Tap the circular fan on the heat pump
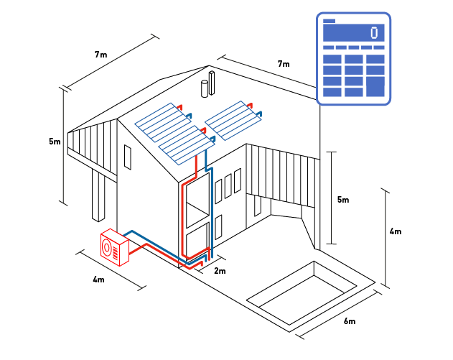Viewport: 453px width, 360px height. pos(108,246)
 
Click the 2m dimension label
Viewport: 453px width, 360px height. pos(220,271)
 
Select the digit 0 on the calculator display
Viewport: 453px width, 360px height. pos(374,33)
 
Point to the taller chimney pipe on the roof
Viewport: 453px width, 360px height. pos(213,83)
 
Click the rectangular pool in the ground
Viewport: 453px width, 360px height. pos(302,292)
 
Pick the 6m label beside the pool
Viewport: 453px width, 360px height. pos(350,320)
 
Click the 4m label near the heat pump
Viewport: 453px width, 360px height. pos(99,279)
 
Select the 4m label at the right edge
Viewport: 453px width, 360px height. pos(395,231)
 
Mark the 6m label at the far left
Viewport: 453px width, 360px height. pos(55,142)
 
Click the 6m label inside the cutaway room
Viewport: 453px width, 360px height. pos(342,199)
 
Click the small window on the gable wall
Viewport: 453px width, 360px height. pos(128,157)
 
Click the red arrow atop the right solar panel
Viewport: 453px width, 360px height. pos(255,105)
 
